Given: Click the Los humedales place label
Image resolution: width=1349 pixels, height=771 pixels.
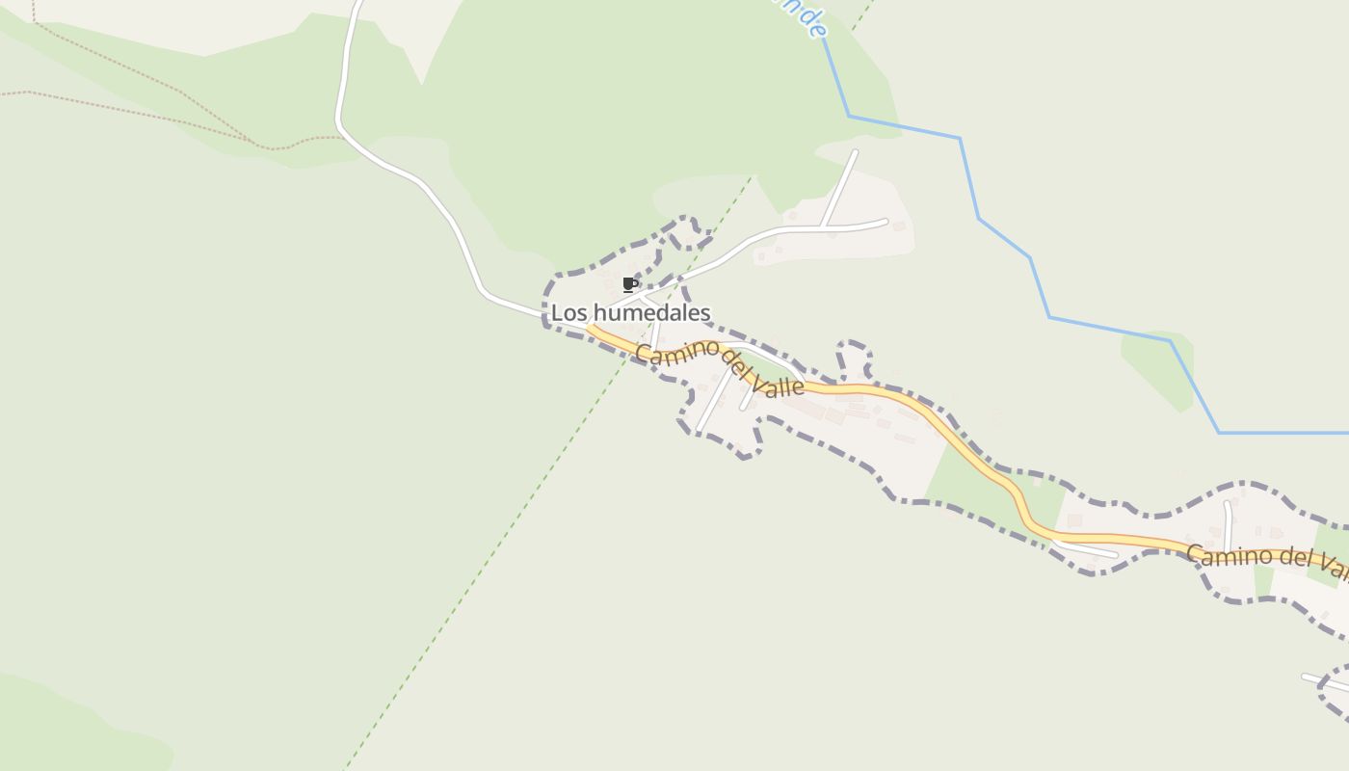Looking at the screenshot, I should (630, 312).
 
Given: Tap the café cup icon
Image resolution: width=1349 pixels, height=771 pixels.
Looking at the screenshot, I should (629, 284).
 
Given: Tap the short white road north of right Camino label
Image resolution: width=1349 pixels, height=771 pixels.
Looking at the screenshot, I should (1228, 525).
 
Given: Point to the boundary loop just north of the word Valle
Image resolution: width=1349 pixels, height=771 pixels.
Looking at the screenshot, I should (854, 359).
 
